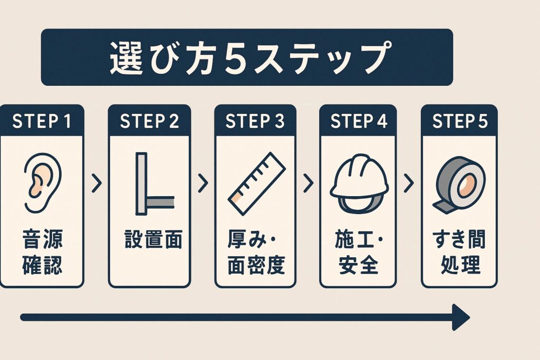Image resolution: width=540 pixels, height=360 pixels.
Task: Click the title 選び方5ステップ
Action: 250,57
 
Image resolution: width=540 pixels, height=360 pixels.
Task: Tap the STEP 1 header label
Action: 42,121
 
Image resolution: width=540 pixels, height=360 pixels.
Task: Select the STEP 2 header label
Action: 149,121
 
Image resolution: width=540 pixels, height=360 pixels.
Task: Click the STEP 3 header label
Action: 255,121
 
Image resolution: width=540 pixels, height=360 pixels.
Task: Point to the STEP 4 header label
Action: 359,121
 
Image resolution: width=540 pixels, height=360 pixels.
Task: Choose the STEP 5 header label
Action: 460,121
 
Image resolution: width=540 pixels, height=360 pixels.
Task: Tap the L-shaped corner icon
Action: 155,184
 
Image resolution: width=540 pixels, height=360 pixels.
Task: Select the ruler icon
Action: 257,184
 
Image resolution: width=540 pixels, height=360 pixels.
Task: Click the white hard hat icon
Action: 359,183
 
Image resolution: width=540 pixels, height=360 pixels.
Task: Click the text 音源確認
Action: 42,252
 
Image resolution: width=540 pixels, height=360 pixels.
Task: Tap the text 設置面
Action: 153,239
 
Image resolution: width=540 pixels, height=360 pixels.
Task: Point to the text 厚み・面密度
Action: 256,252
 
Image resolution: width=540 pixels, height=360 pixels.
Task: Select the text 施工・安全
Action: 359,252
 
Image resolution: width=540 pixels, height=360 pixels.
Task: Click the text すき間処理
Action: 459,252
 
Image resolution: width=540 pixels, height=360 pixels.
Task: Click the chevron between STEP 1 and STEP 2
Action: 97,183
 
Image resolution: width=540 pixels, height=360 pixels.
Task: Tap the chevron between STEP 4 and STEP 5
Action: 409,183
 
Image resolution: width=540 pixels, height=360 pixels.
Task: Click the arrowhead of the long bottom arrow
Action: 461,317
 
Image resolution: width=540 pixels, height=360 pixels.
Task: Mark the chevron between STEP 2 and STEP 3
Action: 203,183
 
